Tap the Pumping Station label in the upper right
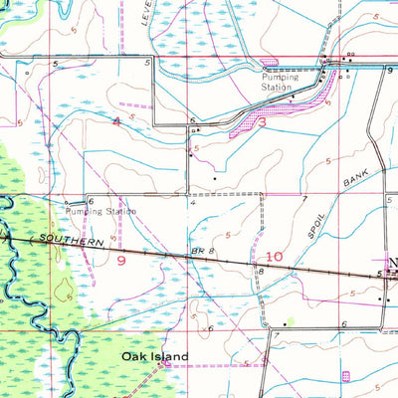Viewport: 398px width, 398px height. click(x=281, y=82)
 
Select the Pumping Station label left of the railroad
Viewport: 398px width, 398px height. click(x=99, y=211)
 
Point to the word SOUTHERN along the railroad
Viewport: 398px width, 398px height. click(x=72, y=241)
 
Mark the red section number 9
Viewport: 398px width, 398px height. click(x=120, y=259)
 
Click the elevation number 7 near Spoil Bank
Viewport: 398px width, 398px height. click(x=304, y=200)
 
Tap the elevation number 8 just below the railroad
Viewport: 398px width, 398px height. click(x=261, y=271)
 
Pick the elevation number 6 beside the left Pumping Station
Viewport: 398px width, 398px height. click(x=91, y=201)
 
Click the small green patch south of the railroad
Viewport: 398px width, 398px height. click(x=290, y=321)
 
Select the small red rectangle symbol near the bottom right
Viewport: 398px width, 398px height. click(x=346, y=375)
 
